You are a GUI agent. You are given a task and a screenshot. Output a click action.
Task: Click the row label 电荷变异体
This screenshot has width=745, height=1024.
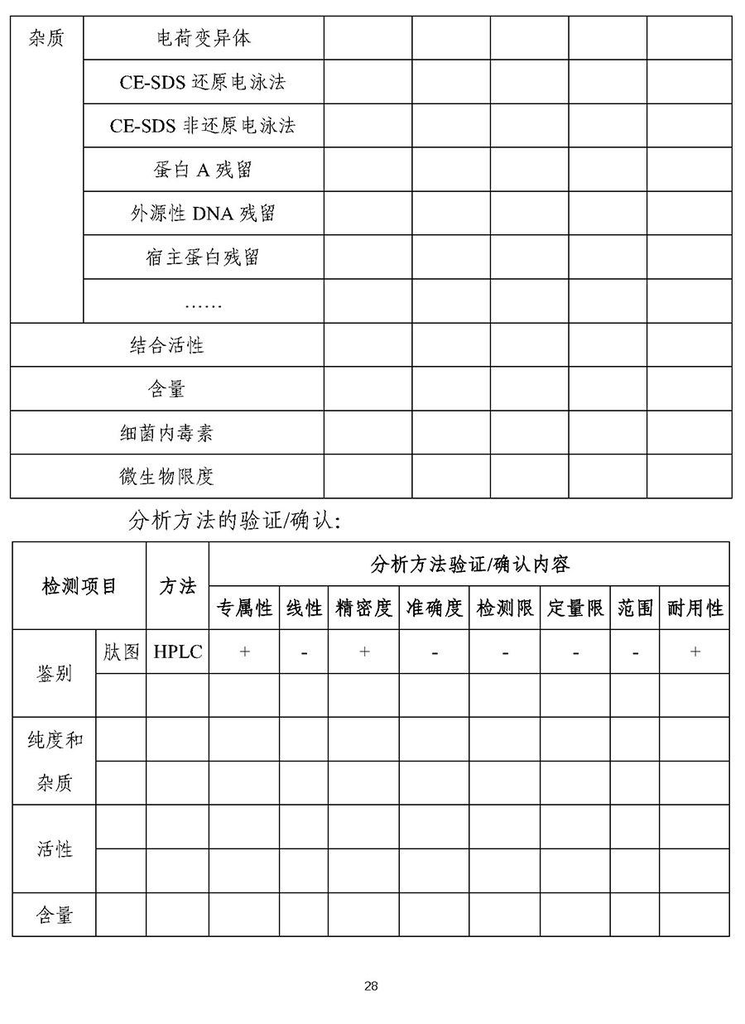pyautogui.click(x=204, y=38)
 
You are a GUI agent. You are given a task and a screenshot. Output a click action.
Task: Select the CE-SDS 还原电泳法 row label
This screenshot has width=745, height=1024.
pyautogui.click(x=204, y=82)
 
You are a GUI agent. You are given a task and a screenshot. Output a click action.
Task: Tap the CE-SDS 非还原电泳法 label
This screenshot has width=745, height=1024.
pyautogui.click(x=203, y=126)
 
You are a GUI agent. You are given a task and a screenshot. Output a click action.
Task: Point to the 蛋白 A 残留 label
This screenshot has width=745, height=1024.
pyautogui.click(x=203, y=170)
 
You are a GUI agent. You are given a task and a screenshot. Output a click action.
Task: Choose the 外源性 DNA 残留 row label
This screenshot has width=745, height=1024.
pyautogui.click(x=203, y=214)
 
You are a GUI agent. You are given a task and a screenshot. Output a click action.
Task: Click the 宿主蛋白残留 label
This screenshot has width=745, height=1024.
pyautogui.click(x=203, y=257)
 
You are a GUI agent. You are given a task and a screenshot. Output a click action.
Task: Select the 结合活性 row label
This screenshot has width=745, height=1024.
pyautogui.click(x=166, y=345)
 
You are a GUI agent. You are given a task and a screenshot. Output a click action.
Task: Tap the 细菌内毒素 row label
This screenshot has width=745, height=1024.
pyautogui.click(x=166, y=433)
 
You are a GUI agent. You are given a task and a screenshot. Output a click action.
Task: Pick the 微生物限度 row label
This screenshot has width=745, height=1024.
pyautogui.click(x=166, y=477)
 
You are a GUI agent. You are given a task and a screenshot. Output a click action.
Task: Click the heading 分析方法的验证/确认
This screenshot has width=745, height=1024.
pyautogui.click(x=235, y=521)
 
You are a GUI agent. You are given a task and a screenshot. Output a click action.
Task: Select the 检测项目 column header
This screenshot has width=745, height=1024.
pyautogui.click(x=79, y=586)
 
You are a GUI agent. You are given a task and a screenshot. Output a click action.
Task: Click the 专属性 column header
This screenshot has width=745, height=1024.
pyautogui.click(x=244, y=608)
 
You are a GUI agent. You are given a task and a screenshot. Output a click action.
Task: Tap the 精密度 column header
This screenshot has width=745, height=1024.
pyautogui.click(x=363, y=608)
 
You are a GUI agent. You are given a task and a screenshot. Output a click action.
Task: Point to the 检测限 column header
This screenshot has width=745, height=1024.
pyautogui.click(x=505, y=608)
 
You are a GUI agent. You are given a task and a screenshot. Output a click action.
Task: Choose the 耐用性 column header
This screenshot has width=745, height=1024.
pyautogui.click(x=695, y=608)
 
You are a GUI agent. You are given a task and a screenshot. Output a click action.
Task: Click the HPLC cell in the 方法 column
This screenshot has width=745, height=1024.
pyautogui.click(x=178, y=651)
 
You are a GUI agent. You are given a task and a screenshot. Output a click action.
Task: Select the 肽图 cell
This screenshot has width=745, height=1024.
pyautogui.click(x=121, y=651)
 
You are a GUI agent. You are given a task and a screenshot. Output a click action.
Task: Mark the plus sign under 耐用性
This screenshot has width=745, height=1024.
pyautogui.click(x=695, y=651)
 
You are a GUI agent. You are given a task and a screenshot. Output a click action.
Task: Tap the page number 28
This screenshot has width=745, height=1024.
pyautogui.click(x=371, y=986)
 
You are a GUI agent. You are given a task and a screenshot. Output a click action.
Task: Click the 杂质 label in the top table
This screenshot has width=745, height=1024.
pyautogui.click(x=46, y=38)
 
